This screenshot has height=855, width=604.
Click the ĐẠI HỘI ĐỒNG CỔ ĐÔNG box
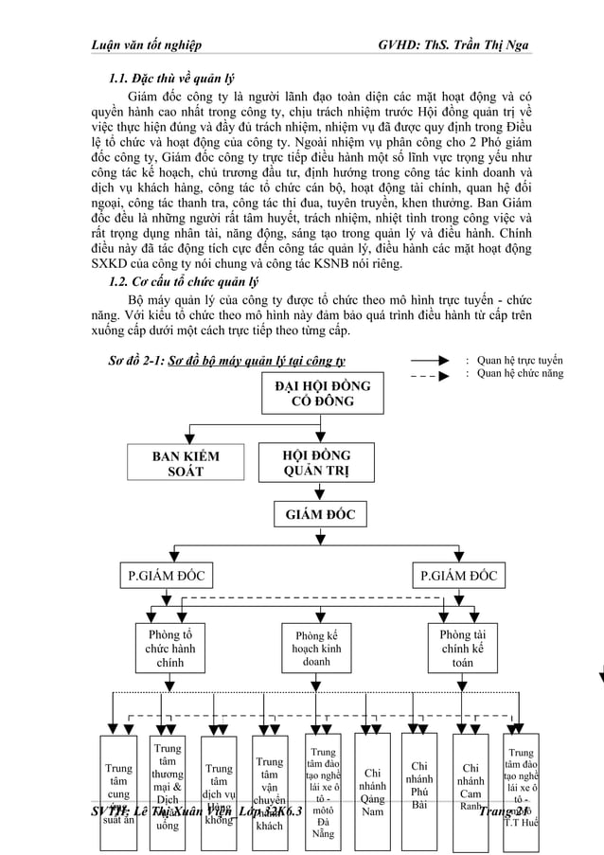(x=316, y=395)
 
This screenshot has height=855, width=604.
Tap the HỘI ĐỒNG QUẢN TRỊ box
(x=316, y=464)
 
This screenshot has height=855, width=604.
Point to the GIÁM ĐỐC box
(x=314, y=515)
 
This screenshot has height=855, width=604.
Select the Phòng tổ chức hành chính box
(x=170, y=649)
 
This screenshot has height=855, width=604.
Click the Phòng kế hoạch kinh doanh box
(x=317, y=650)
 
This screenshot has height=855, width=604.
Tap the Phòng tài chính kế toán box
(x=462, y=649)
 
